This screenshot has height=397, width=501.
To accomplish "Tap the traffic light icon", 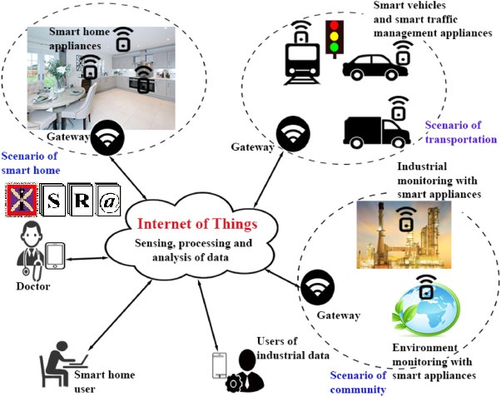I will click(335, 37).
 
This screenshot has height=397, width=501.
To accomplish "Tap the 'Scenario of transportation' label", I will click(461, 132).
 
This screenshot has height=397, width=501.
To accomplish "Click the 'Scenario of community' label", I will click(358, 382).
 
